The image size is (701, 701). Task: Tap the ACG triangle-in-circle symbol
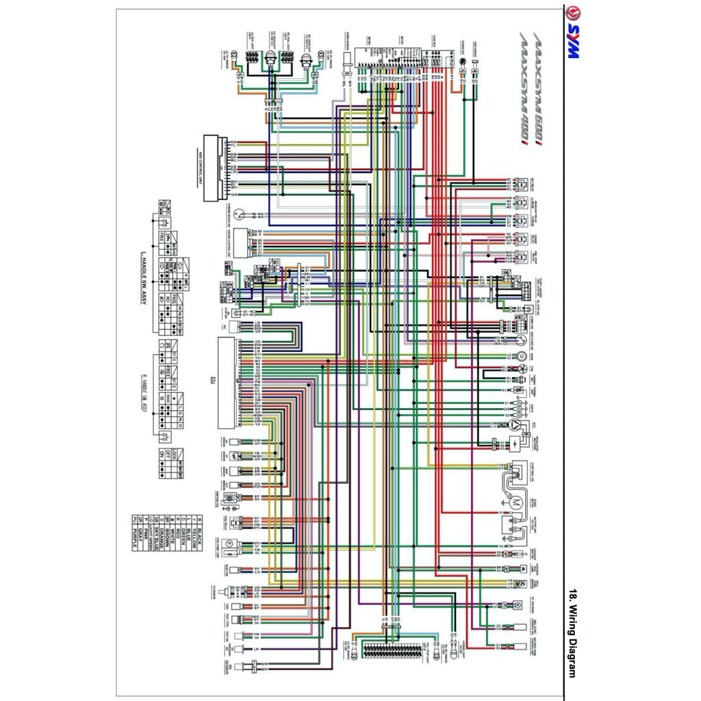point(512,425)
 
